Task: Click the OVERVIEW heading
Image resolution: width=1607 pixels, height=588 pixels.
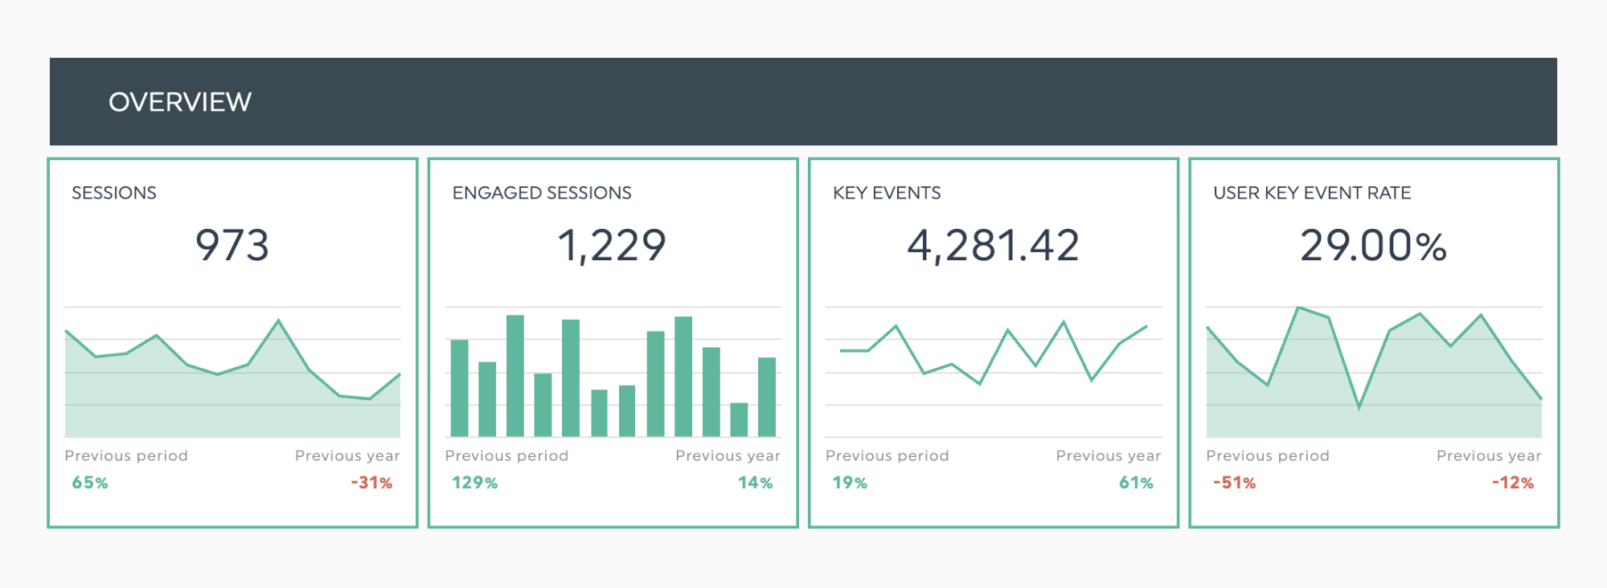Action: (x=180, y=102)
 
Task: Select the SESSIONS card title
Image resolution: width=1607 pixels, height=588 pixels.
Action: (x=114, y=193)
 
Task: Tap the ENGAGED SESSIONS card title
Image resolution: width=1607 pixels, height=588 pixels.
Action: (x=542, y=193)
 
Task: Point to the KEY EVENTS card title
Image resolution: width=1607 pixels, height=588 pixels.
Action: (x=887, y=193)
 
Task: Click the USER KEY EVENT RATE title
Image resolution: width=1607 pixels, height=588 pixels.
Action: (x=1312, y=193)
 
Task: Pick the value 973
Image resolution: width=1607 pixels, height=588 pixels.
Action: (x=232, y=245)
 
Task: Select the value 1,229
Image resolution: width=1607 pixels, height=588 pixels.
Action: (x=612, y=245)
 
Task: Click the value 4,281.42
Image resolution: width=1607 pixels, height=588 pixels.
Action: (x=993, y=245)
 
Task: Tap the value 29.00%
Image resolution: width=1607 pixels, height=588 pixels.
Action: (x=1373, y=245)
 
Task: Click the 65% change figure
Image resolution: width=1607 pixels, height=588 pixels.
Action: (x=90, y=483)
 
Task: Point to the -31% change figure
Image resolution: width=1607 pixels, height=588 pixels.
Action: (x=371, y=483)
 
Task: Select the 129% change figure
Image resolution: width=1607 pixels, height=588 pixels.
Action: (x=474, y=483)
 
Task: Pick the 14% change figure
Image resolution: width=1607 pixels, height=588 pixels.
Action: (x=755, y=483)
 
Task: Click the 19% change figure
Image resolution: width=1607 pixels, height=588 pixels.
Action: (x=850, y=483)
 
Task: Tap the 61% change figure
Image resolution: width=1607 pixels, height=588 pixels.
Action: (x=1136, y=483)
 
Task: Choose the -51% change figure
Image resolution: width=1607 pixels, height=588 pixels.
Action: (x=1234, y=483)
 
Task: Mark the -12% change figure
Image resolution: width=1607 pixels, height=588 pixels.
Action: (x=1513, y=483)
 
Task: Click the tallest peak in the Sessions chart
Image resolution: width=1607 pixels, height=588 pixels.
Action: (x=278, y=321)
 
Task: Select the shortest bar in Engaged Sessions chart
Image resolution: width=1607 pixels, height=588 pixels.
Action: (x=739, y=419)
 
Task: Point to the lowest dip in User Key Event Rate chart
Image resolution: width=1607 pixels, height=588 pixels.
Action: (x=1359, y=407)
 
